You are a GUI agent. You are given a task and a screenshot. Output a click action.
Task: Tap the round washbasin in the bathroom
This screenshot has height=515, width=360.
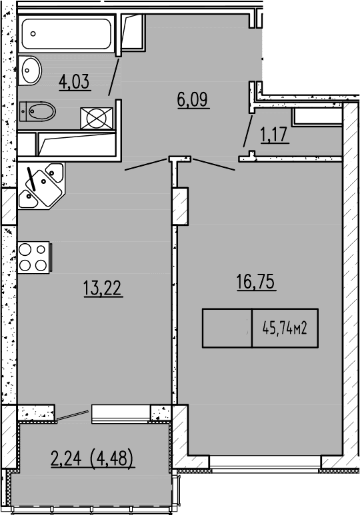29,69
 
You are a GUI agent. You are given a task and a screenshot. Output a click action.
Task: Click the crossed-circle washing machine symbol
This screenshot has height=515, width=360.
97,119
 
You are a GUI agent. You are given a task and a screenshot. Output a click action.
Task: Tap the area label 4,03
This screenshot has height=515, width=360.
75,83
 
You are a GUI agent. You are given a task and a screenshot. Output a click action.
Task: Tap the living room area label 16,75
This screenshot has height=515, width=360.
256,282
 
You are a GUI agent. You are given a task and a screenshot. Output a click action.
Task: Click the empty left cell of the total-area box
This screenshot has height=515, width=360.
227,328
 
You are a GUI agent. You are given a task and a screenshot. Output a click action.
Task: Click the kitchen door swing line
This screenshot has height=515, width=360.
147,165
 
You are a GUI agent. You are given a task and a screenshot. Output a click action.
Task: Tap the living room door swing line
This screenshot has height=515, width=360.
213,165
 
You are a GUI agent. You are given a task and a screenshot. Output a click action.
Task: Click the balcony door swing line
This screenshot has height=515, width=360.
72,415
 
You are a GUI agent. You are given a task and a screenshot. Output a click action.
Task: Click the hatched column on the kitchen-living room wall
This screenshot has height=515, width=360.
180,207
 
